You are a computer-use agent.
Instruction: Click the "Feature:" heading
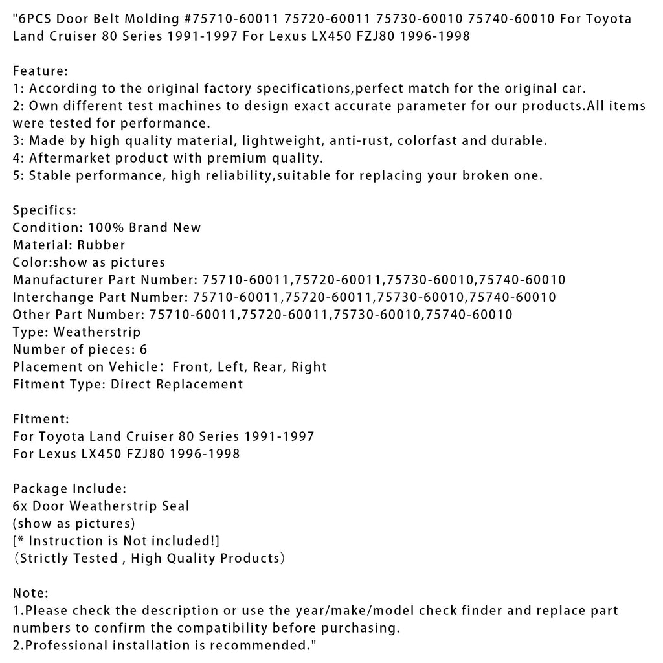tap(40, 71)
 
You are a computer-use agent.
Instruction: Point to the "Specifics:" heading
tap(44, 210)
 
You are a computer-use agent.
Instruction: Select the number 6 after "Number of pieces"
tap(143, 350)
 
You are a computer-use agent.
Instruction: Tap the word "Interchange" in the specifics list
tap(55, 297)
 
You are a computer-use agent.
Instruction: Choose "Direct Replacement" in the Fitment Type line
tap(177, 385)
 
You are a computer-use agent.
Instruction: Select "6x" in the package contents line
tap(23, 506)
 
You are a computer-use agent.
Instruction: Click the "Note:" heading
tap(30, 593)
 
